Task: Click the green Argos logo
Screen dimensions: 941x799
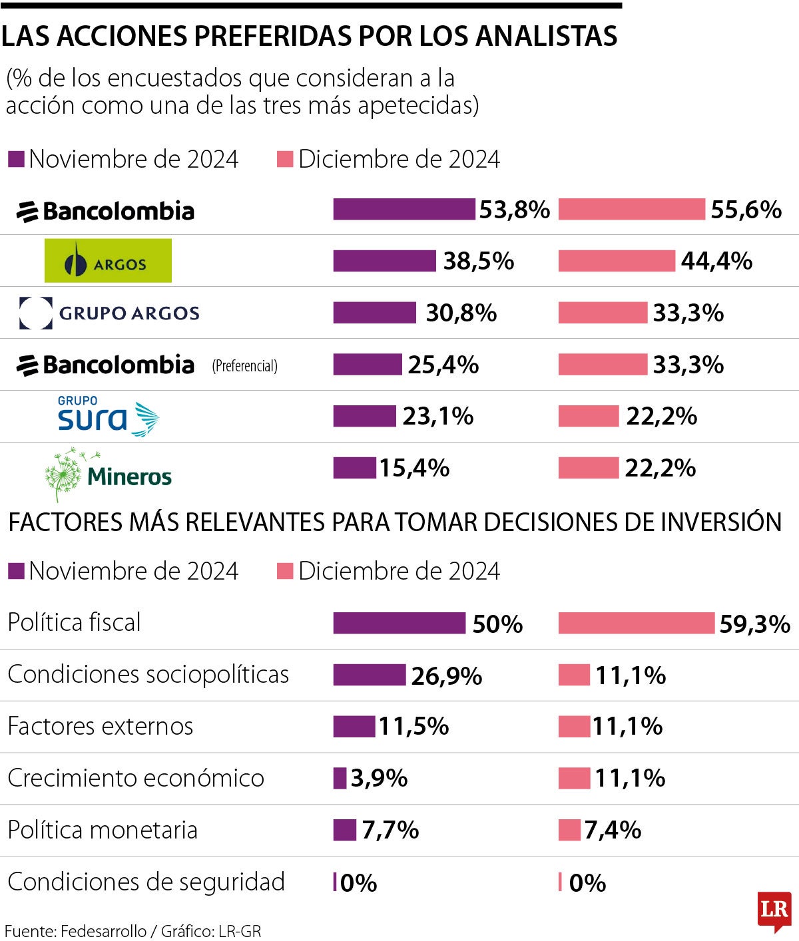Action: [108, 261]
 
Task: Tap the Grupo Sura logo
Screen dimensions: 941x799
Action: [108, 417]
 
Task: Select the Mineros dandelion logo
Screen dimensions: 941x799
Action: [108, 474]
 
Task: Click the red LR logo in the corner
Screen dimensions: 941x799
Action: [774, 910]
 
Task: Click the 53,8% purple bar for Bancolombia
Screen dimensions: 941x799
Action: [404, 209]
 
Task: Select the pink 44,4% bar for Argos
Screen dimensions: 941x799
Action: [616, 261]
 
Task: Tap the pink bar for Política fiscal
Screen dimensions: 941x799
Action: [636, 624]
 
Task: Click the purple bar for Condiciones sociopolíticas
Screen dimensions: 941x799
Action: [369, 675]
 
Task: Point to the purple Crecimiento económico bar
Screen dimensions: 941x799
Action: [340, 778]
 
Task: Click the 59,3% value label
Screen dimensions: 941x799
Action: [754, 624]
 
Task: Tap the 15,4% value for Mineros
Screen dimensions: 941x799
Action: [414, 468]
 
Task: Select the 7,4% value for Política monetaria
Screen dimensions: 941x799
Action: [613, 830]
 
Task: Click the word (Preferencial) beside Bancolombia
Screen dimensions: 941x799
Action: [244, 365]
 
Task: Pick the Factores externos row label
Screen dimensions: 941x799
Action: [101, 726]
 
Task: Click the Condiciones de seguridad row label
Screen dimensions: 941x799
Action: [146, 882]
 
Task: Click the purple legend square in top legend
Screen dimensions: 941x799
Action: [16, 159]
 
